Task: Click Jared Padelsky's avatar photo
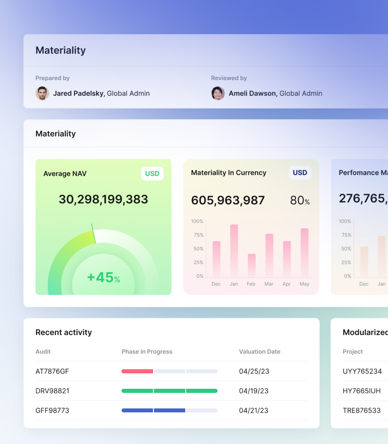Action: (42, 93)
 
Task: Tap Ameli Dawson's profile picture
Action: (218, 93)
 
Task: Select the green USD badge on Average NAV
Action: (152, 173)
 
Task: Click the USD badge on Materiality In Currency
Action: (300, 173)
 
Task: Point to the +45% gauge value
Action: (103, 277)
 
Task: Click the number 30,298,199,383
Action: (103, 199)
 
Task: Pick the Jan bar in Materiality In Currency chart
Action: (234, 250)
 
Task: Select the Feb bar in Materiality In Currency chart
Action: (252, 265)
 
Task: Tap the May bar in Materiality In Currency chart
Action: (305, 252)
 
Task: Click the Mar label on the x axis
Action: (269, 284)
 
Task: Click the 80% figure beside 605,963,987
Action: (300, 201)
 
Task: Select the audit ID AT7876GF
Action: (52, 371)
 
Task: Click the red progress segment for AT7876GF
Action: (137, 371)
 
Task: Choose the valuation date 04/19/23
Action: (254, 391)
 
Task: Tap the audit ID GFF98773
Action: (52, 410)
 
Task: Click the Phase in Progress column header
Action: (147, 351)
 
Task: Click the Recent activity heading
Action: (64, 332)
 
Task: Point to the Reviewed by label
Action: (229, 78)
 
